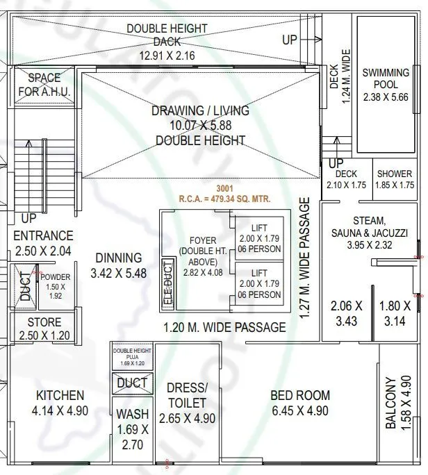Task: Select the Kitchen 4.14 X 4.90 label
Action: pyautogui.click(x=59, y=403)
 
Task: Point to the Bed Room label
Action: pyautogui.click(x=300, y=403)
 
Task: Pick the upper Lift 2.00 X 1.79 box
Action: pyautogui.click(x=258, y=239)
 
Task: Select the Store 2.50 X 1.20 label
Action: pyautogui.click(x=44, y=329)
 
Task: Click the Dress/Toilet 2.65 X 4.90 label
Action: pyautogui.click(x=187, y=403)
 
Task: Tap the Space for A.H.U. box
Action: pyautogui.click(x=44, y=85)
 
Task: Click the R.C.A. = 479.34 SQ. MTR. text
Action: pyautogui.click(x=224, y=199)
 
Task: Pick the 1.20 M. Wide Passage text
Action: pyautogui.click(x=224, y=327)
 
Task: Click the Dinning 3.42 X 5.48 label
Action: pyautogui.click(x=118, y=265)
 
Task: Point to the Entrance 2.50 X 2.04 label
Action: pyautogui.click(x=43, y=243)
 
